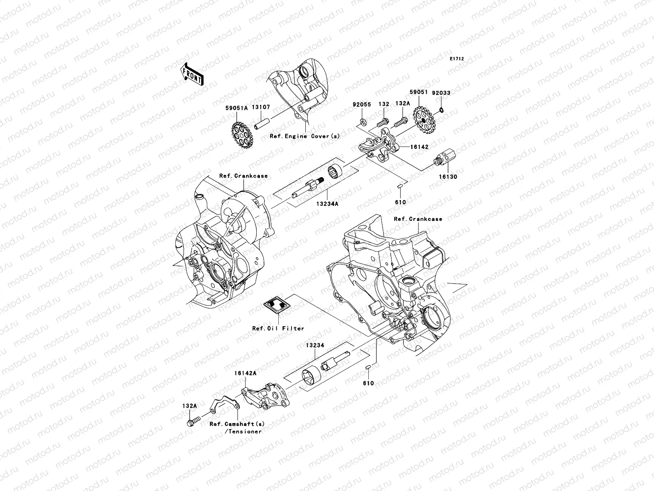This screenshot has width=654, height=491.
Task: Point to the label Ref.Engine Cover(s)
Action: (x=305, y=136)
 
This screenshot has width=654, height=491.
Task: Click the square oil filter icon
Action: (x=278, y=306)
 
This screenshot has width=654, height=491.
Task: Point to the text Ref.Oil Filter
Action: (x=278, y=329)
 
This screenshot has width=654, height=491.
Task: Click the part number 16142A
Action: (x=245, y=373)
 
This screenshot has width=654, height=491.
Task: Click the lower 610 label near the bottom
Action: (x=368, y=383)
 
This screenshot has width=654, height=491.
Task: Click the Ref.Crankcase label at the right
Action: (x=418, y=219)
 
